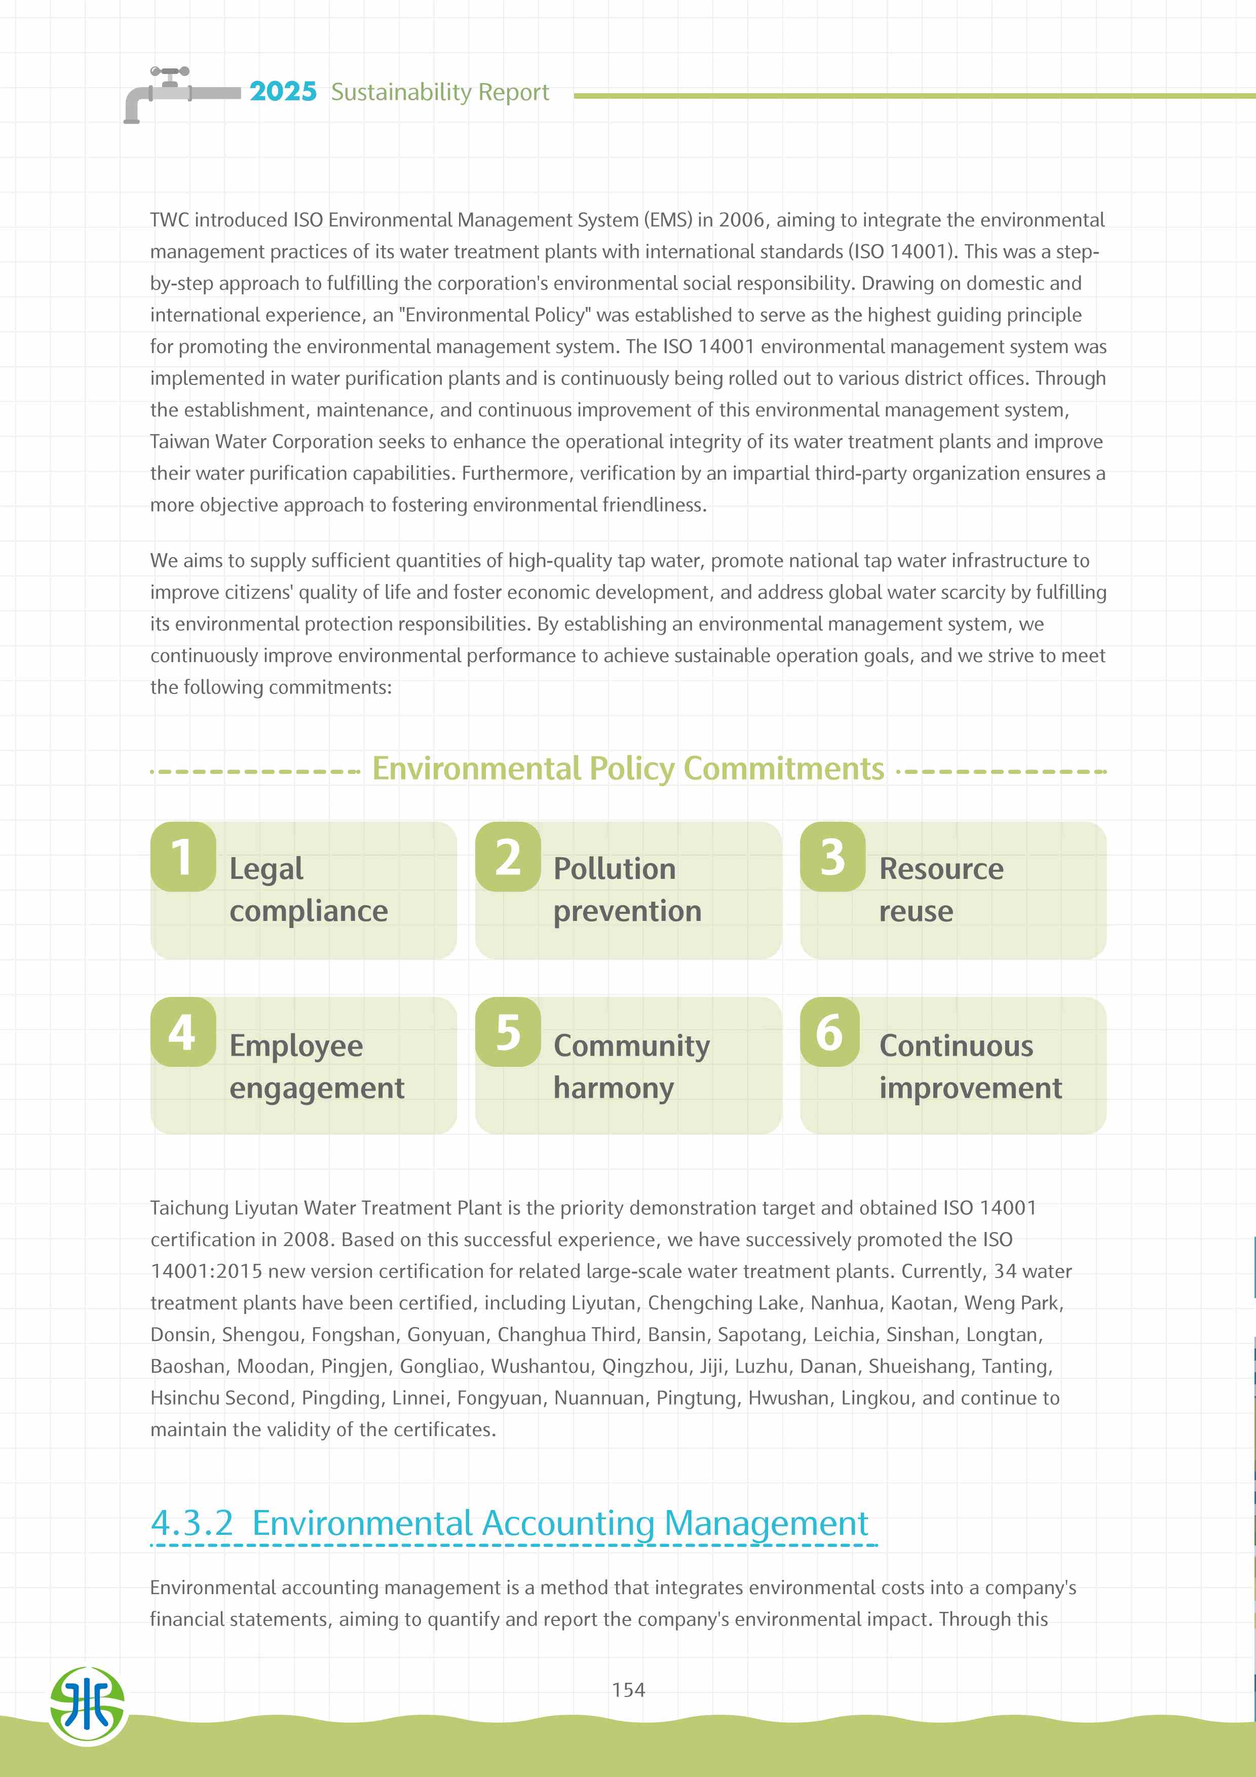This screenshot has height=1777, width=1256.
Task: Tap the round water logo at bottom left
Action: pyautogui.click(x=88, y=1706)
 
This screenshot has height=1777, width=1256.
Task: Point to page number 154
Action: pyautogui.click(x=628, y=1689)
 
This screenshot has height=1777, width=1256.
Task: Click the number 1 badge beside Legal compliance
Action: pyautogui.click(x=182, y=857)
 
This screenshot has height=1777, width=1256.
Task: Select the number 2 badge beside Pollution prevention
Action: pyautogui.click(x=508, y=857)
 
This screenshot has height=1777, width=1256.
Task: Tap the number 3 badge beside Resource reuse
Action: pyautogui.click(x=832, y=857)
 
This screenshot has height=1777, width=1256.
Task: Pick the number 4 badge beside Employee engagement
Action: pyautogui.click(x=182, y=1032)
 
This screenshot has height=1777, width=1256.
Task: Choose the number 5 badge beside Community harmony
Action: pyautogui.click(x=508, y=1032)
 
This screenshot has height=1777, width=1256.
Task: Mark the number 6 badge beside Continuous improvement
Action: pyautogui.click(x=829, y=1032)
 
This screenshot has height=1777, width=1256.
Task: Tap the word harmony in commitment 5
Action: pyautogui.click(x=613, y=1088)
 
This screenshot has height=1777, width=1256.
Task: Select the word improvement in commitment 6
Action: pyautogui.click(x=970, y=1088)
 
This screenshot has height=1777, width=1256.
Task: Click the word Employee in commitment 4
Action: pyautogui.click(x=295, y=1046)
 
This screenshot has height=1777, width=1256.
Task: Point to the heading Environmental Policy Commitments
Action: pyautogui.click(x=628, y=768)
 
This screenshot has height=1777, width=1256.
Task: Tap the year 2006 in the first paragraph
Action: pyautogui.click(x=741, y=220)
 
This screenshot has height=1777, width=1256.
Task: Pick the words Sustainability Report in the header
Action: pyautogui.click(x=440, y=92)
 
